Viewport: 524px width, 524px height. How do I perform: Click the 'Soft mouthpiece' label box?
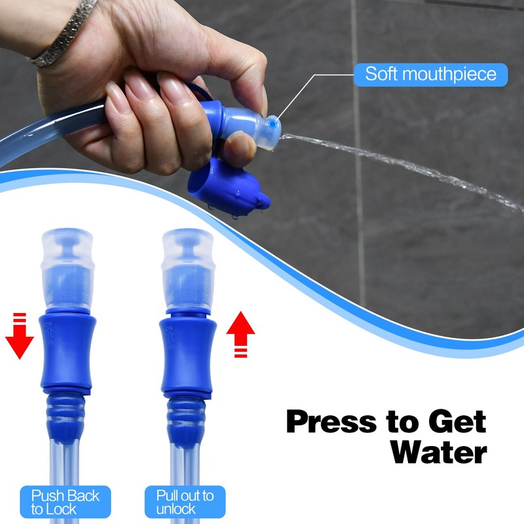point(430,74)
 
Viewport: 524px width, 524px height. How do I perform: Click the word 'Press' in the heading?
point(334,421)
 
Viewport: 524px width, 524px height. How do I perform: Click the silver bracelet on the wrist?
point(62,33)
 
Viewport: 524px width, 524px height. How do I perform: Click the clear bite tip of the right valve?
point(187,262)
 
